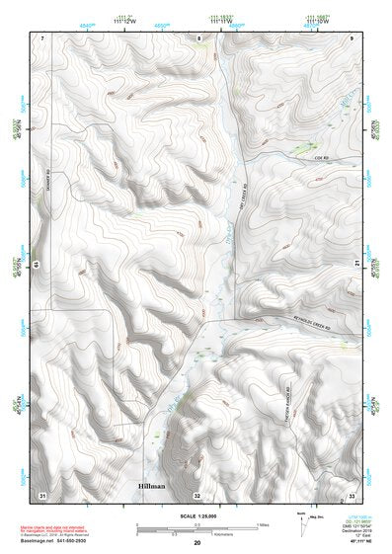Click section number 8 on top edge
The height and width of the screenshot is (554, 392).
pos(198,38)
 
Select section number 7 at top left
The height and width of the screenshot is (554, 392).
pos(42,38)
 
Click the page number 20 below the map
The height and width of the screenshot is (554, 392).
pos(197,542)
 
